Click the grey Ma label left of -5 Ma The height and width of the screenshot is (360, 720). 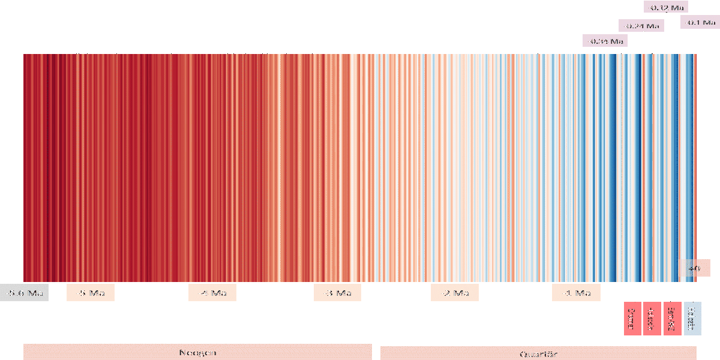pos(24,293)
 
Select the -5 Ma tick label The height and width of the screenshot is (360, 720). pos(90,293)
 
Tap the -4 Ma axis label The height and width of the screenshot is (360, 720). pos(212,293)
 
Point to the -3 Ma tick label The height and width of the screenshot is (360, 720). pos(337,293)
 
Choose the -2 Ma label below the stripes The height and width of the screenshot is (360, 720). pos(455,293)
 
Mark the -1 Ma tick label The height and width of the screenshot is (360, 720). pos(576,293)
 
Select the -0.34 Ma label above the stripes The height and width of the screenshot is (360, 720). pos(605,41)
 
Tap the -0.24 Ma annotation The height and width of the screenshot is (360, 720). pos(641,26)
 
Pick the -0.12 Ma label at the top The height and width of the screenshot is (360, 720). pos(665,7)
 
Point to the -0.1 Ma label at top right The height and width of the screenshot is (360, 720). pos(700,22)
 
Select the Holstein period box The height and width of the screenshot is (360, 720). pos(652,319)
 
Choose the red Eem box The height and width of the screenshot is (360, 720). pos(672,319)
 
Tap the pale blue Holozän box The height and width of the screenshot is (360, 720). pos(691,319)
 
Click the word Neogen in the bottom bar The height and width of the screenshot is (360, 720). pos(197,352)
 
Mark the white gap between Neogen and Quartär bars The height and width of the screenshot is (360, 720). pos(376,352)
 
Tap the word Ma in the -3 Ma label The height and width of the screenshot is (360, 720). pos(343,293)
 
